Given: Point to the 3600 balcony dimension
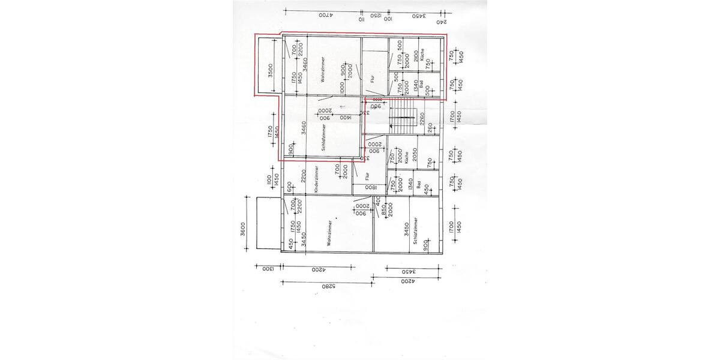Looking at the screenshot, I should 243,230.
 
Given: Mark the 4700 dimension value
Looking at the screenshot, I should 325,14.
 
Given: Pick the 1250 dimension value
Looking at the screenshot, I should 376,16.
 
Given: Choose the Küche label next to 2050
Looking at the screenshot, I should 407,157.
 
